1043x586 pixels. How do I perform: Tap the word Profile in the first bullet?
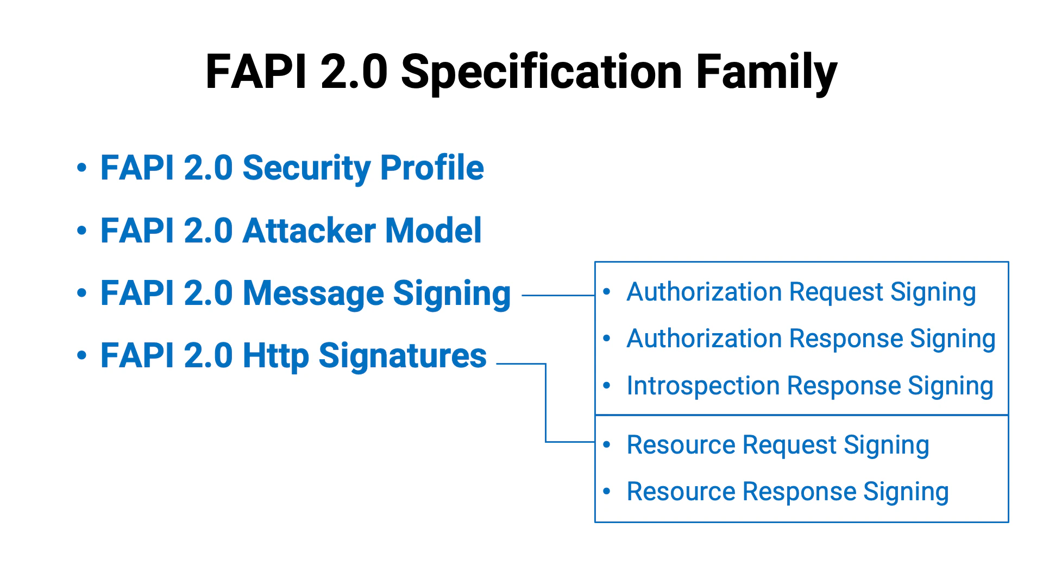tap(432, 168)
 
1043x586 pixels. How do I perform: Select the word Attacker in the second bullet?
tap(309, 231)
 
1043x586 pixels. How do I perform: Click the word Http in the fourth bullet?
tap(275, 356)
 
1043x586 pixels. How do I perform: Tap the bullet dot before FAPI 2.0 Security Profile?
tap(81, 168)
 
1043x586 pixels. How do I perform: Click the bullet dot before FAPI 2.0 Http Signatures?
tap(81, 356)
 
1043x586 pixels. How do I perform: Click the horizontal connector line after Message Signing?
tap(558, 296)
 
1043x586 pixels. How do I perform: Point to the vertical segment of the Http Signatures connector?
tap(545, 403)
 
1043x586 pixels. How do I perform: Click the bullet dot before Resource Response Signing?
tap(607, 492)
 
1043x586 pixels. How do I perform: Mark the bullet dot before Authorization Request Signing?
tap(607, 292)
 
